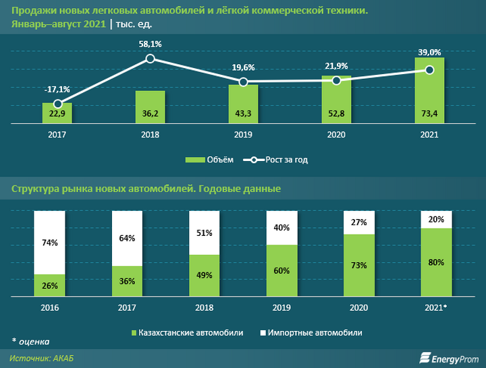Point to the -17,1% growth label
pos(58,89)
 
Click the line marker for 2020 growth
pos(337,80)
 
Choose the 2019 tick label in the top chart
pos(244,135)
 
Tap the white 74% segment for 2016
pos(49,243)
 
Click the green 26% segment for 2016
pos(49,285)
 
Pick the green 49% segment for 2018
pos(204,275)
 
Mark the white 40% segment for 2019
pos(281,228)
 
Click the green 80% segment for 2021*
pos(436,262)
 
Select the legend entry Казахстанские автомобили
pos(188,333)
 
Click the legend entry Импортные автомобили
pos(310,333)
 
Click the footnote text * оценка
pos(29,340)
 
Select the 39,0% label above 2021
pos(429,52)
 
